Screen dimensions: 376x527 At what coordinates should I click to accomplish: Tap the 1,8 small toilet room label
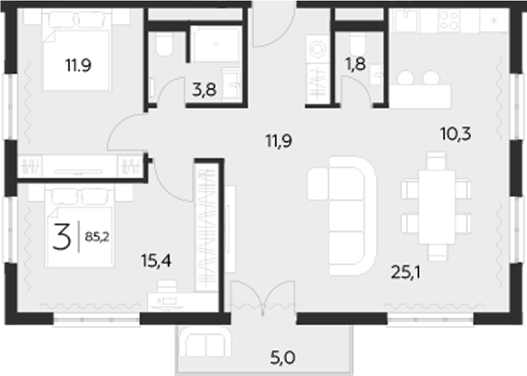tap(355, 64)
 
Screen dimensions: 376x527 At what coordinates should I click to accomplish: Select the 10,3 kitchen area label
tap(455, 133)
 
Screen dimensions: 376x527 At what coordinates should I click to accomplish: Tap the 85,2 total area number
tap(97, 235)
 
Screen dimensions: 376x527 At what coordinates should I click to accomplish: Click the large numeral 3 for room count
tap(63, 236)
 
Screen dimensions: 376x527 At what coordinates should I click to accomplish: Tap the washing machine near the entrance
tap(317, 49)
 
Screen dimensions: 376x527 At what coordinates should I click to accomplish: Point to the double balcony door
tap(264, 297)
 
